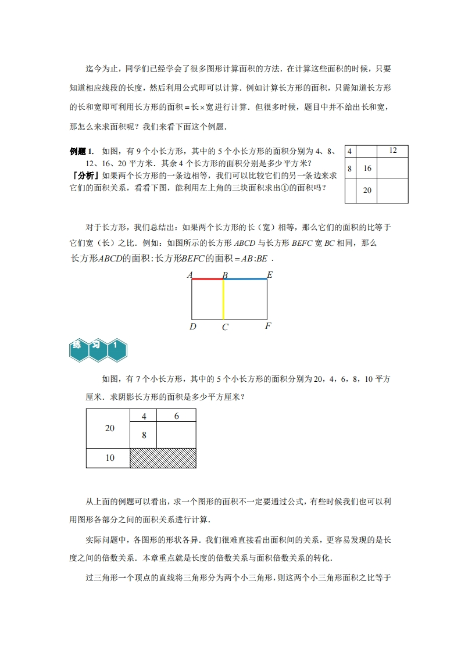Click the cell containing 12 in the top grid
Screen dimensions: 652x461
[392, 151]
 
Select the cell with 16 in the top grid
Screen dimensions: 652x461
[367, 169]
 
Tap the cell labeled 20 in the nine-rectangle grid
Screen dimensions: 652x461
[367, 190]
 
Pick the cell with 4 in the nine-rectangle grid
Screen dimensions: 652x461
[350, 151]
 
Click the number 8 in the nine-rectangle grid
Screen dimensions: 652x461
[350, 169]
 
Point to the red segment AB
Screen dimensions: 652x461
[208, 279]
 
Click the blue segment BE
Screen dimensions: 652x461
[245, 279]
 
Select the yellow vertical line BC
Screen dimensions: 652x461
[223, 299]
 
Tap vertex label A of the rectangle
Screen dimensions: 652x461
[190, 275]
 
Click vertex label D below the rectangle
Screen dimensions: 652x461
[193, 327]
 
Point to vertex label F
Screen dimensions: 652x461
[268, 326]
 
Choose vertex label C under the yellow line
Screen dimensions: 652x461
[225, 327]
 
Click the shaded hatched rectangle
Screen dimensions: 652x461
[163, 458]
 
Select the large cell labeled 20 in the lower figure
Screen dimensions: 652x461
[109, 428]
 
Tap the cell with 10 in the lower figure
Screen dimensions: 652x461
[109, 458]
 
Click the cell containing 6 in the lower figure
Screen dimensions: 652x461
[176, 416]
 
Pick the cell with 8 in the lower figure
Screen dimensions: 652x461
[144, 435]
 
